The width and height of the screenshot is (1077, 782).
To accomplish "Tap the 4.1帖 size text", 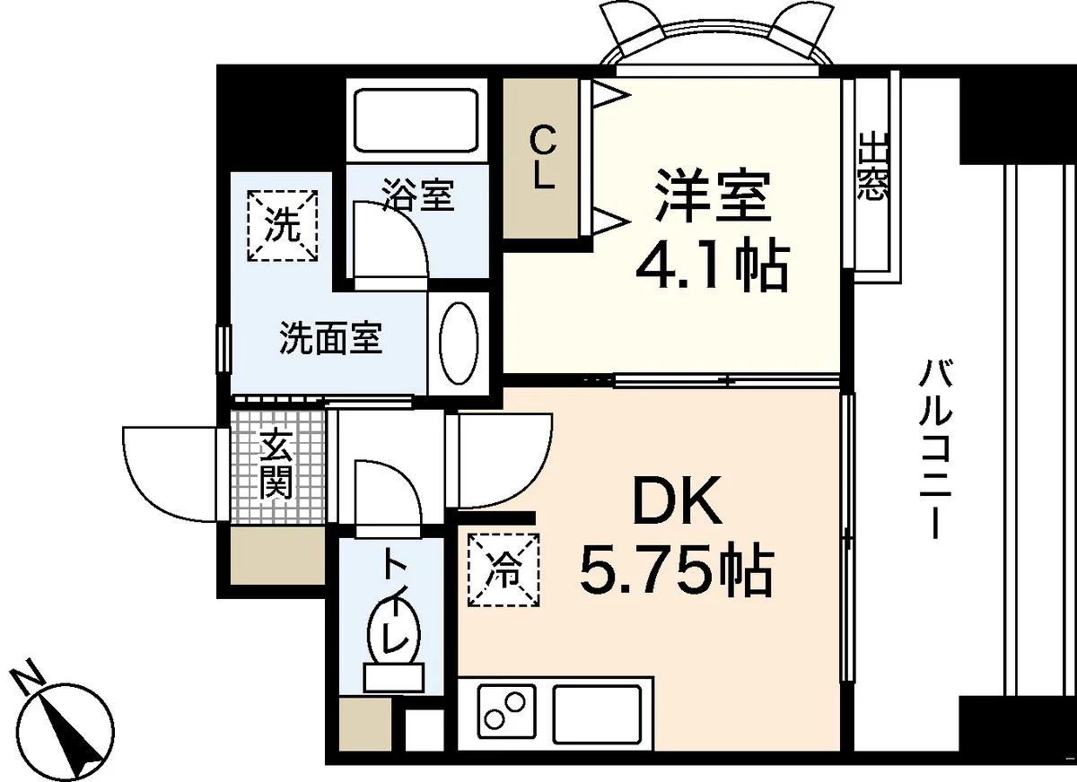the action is [x=712, y=268].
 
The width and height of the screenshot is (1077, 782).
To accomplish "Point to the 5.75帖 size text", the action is [x=676, y=572].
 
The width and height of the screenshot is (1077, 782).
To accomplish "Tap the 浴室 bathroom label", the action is [x=418, y=194].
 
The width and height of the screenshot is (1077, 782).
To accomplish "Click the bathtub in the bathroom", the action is [x=416, y=120].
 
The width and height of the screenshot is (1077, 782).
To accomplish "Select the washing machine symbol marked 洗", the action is [x=282, y=226].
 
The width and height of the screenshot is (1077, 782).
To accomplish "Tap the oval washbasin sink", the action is [x=460, y=343].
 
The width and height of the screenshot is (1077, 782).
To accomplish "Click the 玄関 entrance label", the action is [x=276, y=464].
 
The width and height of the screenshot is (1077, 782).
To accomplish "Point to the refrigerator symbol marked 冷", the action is [x=503, y=569].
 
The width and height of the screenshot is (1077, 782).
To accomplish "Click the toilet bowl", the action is [x=394, y=631].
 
